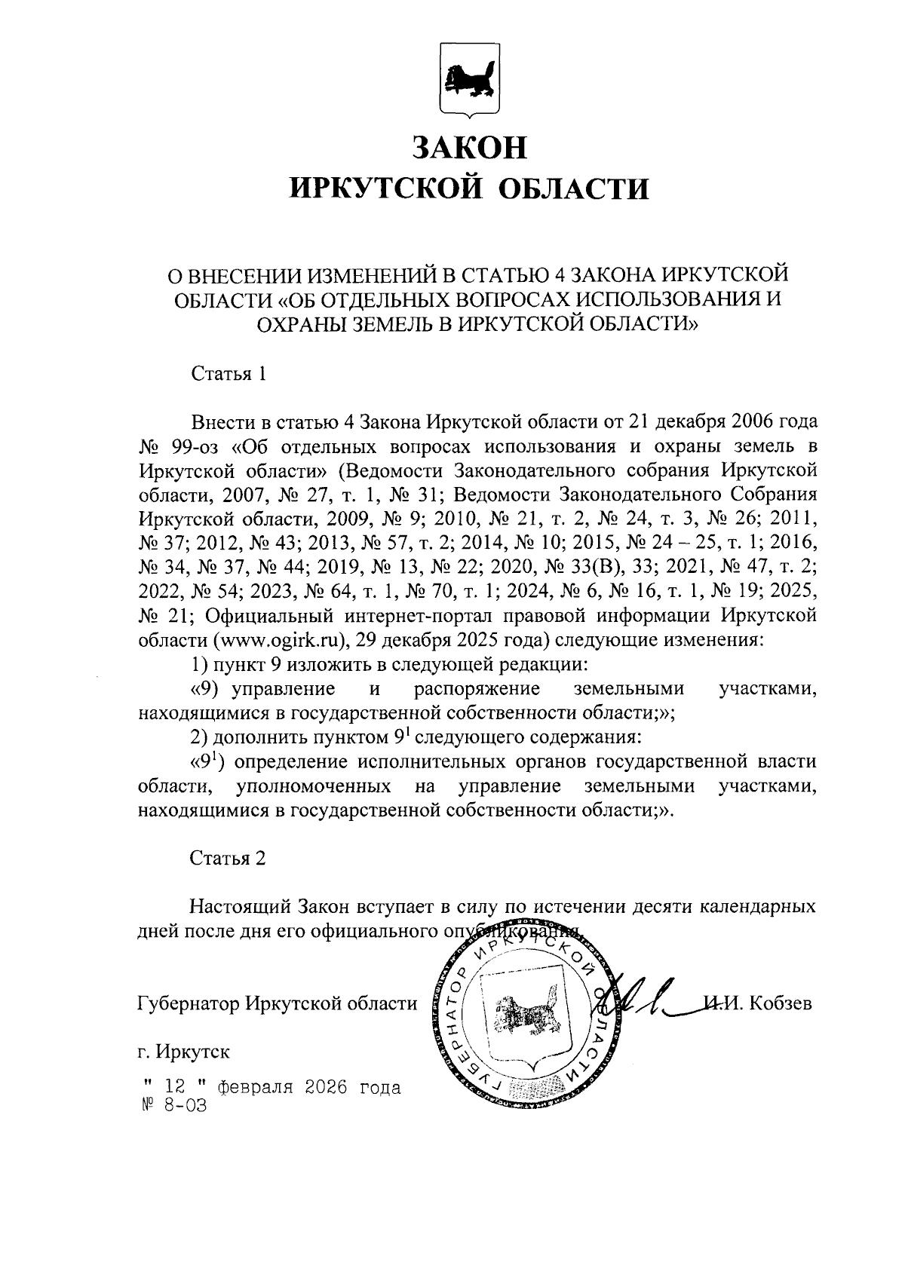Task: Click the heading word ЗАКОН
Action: click(x=469, y=145)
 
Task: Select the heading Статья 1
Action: click(x=228, y=374)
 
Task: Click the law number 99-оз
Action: click(x=195, y=445)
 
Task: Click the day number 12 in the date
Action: click(x=174, y=1088)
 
